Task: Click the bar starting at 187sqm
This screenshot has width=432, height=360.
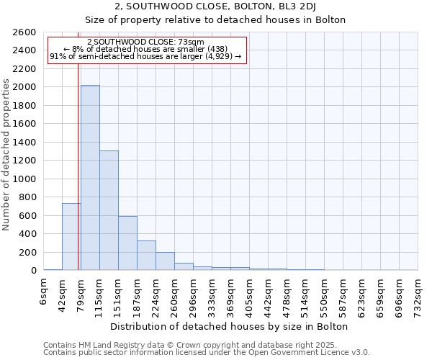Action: click(146, 255)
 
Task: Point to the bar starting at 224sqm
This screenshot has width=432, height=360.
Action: click(165, 261)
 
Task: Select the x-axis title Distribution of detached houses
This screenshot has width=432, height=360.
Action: click(230, 326)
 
